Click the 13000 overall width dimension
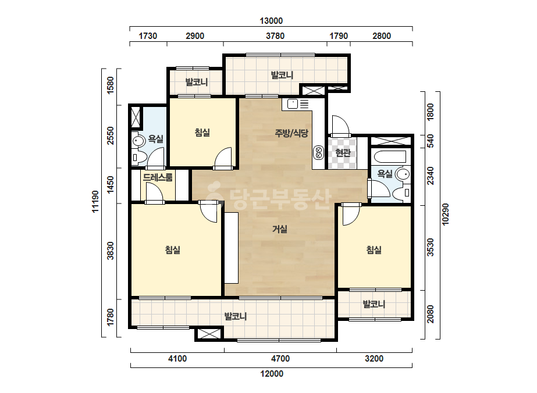[x=271, y=21]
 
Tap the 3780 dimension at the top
[x=275, y=36]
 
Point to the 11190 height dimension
[x=95, y=201]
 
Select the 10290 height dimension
[x=445, y=215]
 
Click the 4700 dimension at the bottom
[x=280, y=359]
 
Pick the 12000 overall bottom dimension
[x=272, y=373]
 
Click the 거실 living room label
[x=279, y=229]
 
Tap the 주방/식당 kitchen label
[x=291, y=133]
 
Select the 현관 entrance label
[x=343, y=152]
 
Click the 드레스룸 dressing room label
[x=158, y=177]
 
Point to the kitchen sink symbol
[x=293, y=103]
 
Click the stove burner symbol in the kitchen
[x=318, y=153]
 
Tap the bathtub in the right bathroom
[x=390, y=157]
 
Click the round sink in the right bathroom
[x=403, y=174]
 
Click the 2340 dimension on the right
[x=431, y=176]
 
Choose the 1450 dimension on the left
[x=111, y=184]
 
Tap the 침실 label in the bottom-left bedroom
[x=173, y=250]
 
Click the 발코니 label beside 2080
[x=374, y=304]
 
